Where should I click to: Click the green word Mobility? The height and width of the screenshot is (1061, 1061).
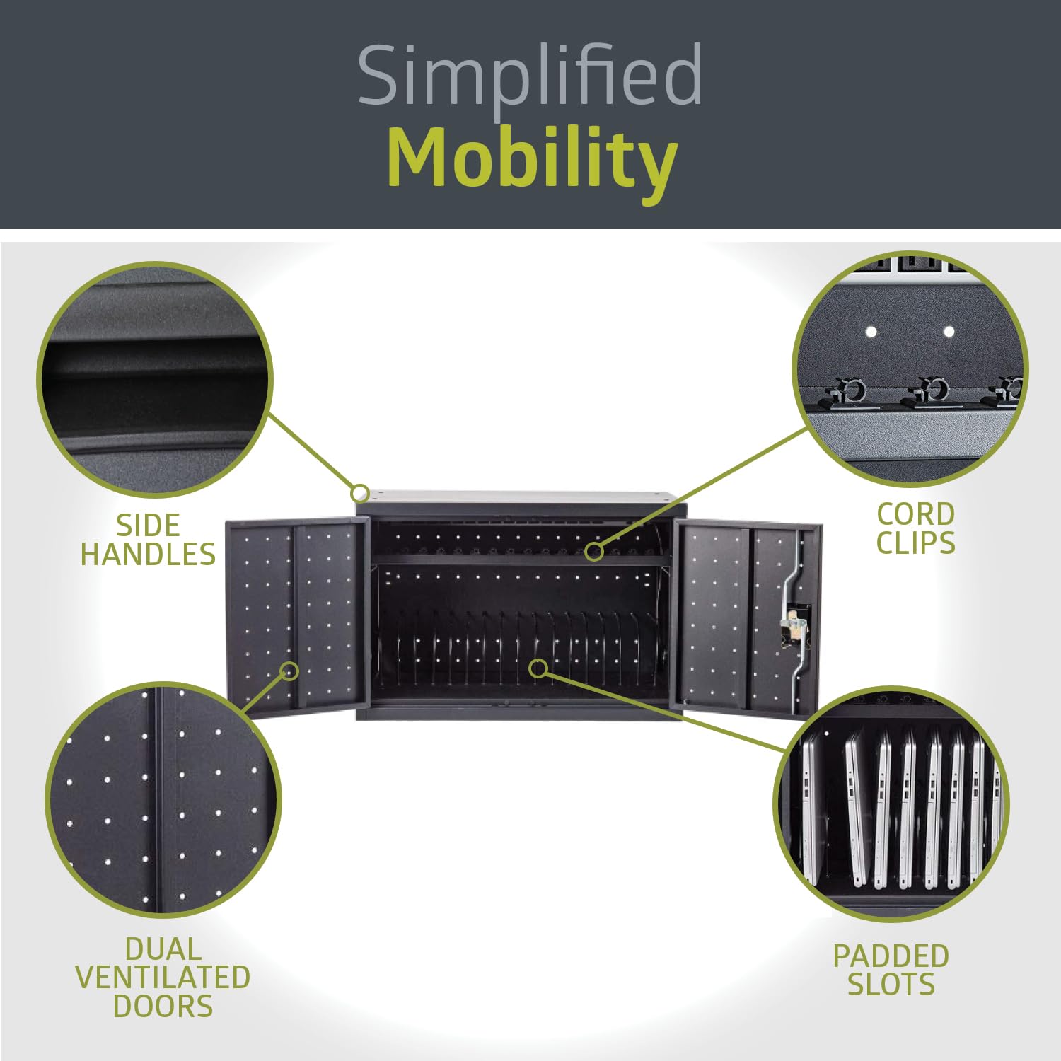[532, 160]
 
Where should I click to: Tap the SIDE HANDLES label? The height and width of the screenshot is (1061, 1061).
[148, 540]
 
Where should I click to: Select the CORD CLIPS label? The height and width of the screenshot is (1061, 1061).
[916, 528]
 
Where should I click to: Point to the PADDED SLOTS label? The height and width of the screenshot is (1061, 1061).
[891, 970]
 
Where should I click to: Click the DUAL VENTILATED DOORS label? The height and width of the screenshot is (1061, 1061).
[163, 978]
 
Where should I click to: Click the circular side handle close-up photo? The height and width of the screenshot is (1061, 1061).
[155, 379]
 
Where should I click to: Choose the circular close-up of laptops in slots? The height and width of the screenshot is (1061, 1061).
[891, 804]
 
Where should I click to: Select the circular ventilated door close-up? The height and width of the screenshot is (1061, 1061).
[163, 800]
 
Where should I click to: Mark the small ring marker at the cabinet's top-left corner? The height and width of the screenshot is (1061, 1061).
[360, 492]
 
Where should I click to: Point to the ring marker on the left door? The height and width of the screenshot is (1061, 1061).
[289, 671]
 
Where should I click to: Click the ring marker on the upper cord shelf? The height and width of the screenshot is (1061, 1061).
[594, 551]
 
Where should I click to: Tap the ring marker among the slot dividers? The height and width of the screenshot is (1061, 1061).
[539, 668]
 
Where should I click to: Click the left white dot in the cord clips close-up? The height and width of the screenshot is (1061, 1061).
[871, 332]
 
